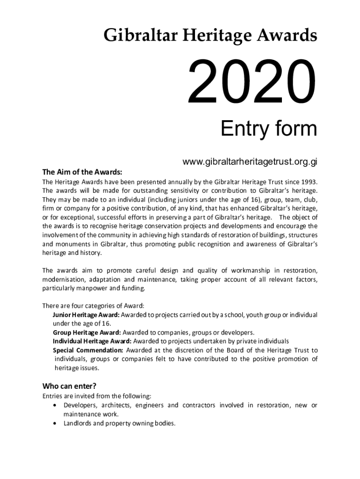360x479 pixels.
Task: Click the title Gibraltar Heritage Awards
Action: [210, 35]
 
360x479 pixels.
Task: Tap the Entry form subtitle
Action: [268, 129]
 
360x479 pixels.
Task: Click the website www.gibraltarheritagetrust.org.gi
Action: [250, 162]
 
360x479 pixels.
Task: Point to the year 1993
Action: [309, 181]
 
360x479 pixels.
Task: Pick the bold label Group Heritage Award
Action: [87, 333]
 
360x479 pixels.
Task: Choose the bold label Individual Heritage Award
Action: [92, 341]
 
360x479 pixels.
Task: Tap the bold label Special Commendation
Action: [88, 350]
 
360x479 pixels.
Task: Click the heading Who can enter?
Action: [70, 386]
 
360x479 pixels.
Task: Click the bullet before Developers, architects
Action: [56, 405]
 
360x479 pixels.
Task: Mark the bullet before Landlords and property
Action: [56, 423]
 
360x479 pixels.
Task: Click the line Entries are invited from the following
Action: [97, 396]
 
